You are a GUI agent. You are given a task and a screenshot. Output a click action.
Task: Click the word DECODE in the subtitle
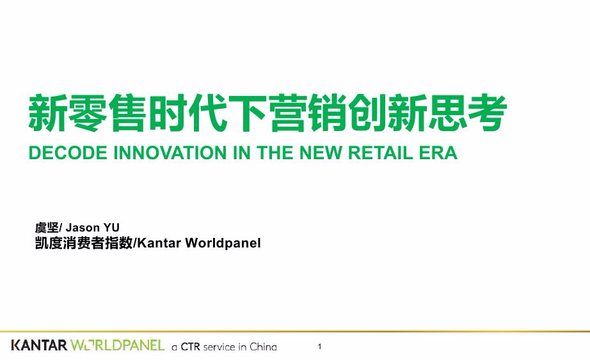(68, 153)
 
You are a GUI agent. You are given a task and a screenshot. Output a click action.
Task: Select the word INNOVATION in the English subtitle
(170, 153)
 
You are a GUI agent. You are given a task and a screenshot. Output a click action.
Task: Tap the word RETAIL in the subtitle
(380, 153)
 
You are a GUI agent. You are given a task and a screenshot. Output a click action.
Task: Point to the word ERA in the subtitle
(438, 153)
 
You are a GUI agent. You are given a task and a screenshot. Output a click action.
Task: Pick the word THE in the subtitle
(275, 153)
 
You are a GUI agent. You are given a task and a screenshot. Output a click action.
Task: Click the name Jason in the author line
(83, 228)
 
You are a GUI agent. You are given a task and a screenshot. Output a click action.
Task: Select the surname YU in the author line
(111, 228)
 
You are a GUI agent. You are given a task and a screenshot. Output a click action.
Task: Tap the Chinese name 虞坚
(47, 228)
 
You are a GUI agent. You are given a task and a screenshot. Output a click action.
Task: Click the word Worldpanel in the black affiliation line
(223, 243)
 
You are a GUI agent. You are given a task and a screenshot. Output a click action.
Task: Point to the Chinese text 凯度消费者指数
(84, 243)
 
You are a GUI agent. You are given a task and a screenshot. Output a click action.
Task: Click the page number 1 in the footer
(319, 347)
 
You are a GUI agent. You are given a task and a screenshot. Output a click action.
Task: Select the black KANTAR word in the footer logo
(39, 345)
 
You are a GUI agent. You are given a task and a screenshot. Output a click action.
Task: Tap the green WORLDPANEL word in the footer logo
(117, 345)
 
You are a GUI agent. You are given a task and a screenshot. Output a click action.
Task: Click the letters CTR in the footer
(191, 347)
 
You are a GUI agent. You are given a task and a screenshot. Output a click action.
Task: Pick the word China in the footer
(263, 347)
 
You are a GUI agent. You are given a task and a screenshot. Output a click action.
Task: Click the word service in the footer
(219, 347)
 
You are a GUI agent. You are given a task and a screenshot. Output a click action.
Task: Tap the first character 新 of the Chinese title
(47, 113)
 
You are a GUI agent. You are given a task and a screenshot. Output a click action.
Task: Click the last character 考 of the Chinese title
(488, 113)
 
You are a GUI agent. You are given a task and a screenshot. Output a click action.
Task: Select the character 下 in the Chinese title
(248, 113)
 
